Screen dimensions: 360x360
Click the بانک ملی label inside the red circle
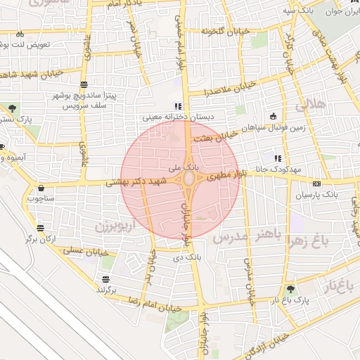tap(186, 169)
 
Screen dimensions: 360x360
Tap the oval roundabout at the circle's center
tap(190, 181)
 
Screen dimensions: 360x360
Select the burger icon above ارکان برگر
tap(40, 229)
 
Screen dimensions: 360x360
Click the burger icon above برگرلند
tap(105, 280)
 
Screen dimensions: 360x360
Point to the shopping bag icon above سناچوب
tap(41, 188)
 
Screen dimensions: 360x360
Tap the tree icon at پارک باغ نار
tap(290, 289)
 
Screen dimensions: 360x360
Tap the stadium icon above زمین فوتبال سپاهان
tap(272, 116)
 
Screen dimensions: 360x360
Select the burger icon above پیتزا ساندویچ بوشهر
tap(85, 84)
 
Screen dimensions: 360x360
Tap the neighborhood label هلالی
tap(309, 105)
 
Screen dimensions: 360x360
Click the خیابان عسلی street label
tap(85, 250)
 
